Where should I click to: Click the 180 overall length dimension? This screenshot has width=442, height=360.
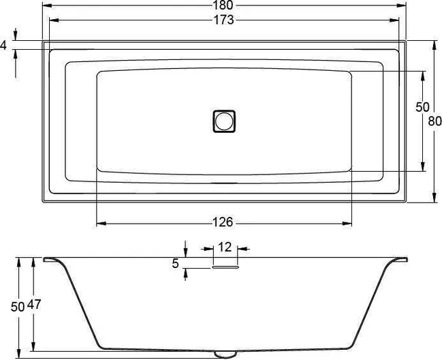click(224, 5)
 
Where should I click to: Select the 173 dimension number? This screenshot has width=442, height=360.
click(223, 20)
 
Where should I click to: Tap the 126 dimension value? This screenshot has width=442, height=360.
click(223, 222)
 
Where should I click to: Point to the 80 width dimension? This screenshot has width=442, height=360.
click(435, 121)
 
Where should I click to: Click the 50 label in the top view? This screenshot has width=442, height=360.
click(422, 107)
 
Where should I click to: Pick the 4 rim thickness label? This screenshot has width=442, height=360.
click(3, 45)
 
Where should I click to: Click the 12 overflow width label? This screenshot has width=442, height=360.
click(225, 247)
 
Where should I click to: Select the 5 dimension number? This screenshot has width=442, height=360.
click(175, 263)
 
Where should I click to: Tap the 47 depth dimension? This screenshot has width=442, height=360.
click(34, 305)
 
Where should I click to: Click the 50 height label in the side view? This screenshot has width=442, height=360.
click(18, 307)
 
